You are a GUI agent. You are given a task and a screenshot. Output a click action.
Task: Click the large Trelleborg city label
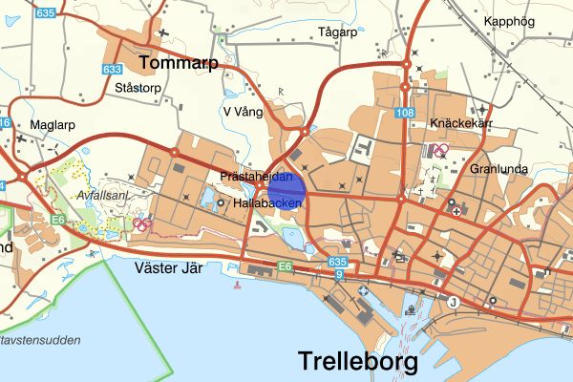click(358, 363)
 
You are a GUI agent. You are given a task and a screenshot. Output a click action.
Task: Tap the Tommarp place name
click(179, 63)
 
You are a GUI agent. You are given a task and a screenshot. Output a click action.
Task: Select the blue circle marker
click(286, 189)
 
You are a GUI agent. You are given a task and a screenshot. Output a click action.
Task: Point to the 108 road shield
click(407, 114)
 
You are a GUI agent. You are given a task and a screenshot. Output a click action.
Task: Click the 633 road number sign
click(112, 69)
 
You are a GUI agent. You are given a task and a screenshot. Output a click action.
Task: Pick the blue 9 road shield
click(339, 275)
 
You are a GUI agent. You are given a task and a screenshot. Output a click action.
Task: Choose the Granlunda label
click(499, 168)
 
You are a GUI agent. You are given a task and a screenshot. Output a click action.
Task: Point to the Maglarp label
click(53, 124)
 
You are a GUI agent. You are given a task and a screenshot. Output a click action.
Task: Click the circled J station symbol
click(454, 303)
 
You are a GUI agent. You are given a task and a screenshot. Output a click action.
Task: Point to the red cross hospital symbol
click(456, 211)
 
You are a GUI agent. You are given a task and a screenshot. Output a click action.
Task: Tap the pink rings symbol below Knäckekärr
click(440, 150)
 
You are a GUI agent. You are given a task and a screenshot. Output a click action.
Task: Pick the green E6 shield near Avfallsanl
click(59, 220)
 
